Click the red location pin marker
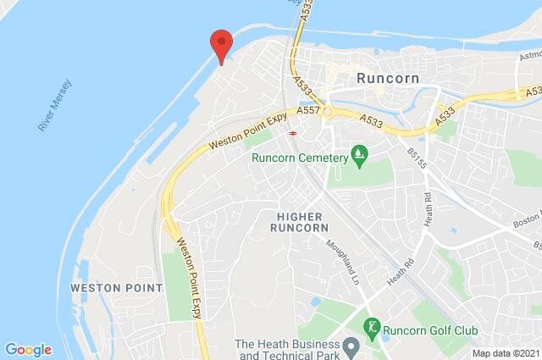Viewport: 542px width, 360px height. pos(221,43)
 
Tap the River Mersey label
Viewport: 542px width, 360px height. pos(56,105)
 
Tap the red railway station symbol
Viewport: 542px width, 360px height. pos(292,132)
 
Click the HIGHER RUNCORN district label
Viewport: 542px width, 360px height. pos(298,223)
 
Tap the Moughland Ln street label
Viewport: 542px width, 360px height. pos(344,262)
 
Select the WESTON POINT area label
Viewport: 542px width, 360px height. pos(115,288)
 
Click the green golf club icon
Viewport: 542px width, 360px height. pos(371,326)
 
